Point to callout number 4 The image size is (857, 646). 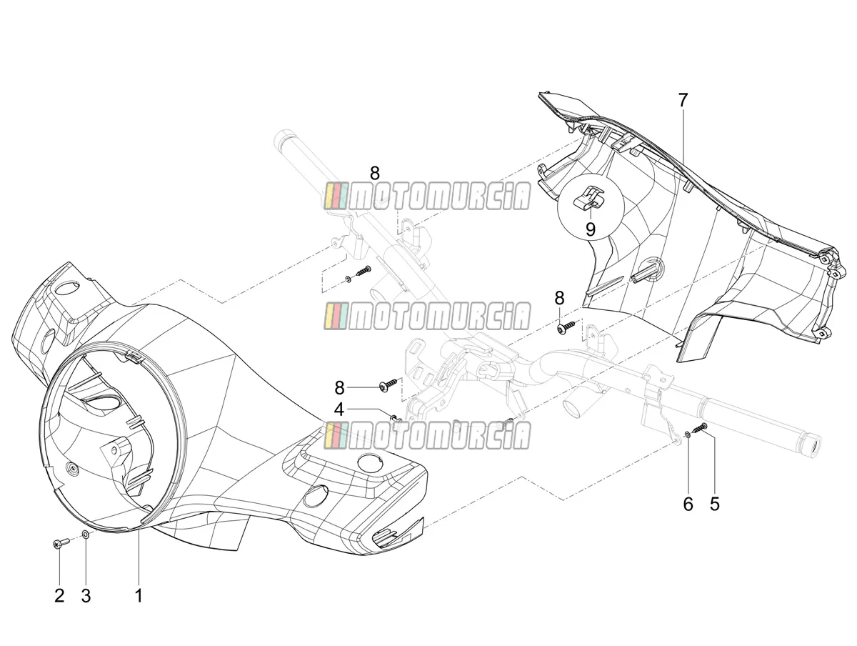[x=339, y=409]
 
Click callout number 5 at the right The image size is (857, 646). [x=714, y=504]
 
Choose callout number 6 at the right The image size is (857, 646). [x=688, y=504]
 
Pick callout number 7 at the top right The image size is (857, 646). [x=682, y=100]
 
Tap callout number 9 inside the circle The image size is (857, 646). [x=591, y=229]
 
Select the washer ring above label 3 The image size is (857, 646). [x=86, y=534]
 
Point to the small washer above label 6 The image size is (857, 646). [x=688, y=433]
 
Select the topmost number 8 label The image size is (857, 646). [x=375, y=173]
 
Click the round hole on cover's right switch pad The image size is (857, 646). [x=369, y=463]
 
